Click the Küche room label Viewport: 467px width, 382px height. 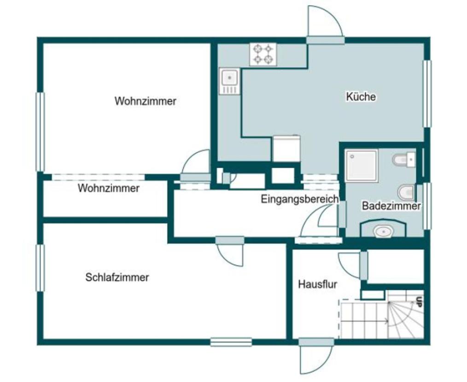pyautogui.click(x=361, y=97)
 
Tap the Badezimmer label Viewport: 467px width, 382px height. pyautogui.click(x=391, y=206)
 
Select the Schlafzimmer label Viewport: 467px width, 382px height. pyautogui.click(x=117, y=278)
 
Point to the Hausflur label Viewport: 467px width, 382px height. pyautogui.click(x=318, y=284)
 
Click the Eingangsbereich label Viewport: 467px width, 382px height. pyautogui.click(x=300, y=199)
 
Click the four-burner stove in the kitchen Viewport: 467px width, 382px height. pyautogui.click(x=263, y=54)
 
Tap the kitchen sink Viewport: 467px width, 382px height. pyautogui.click(x=229, y=81)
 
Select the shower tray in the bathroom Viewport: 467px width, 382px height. pyautogui.click(x=361, y=166)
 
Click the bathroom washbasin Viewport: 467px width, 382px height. pyautogui.click(x=384, y=231)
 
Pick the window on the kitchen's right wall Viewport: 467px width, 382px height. pyautogui.click(x=427, y=94)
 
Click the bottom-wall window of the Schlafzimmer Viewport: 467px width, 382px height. pyautogui.click(x=231, y=342)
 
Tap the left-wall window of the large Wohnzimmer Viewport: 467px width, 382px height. pyautogui.click(x=40, y=132)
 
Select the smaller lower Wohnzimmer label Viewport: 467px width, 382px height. pyautogui.click(x=109, y=188)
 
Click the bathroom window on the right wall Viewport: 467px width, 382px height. pyautogui.click(x=427, y=206)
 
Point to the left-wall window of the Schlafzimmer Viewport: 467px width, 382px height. pyautogui.click(x=40, y=268)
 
